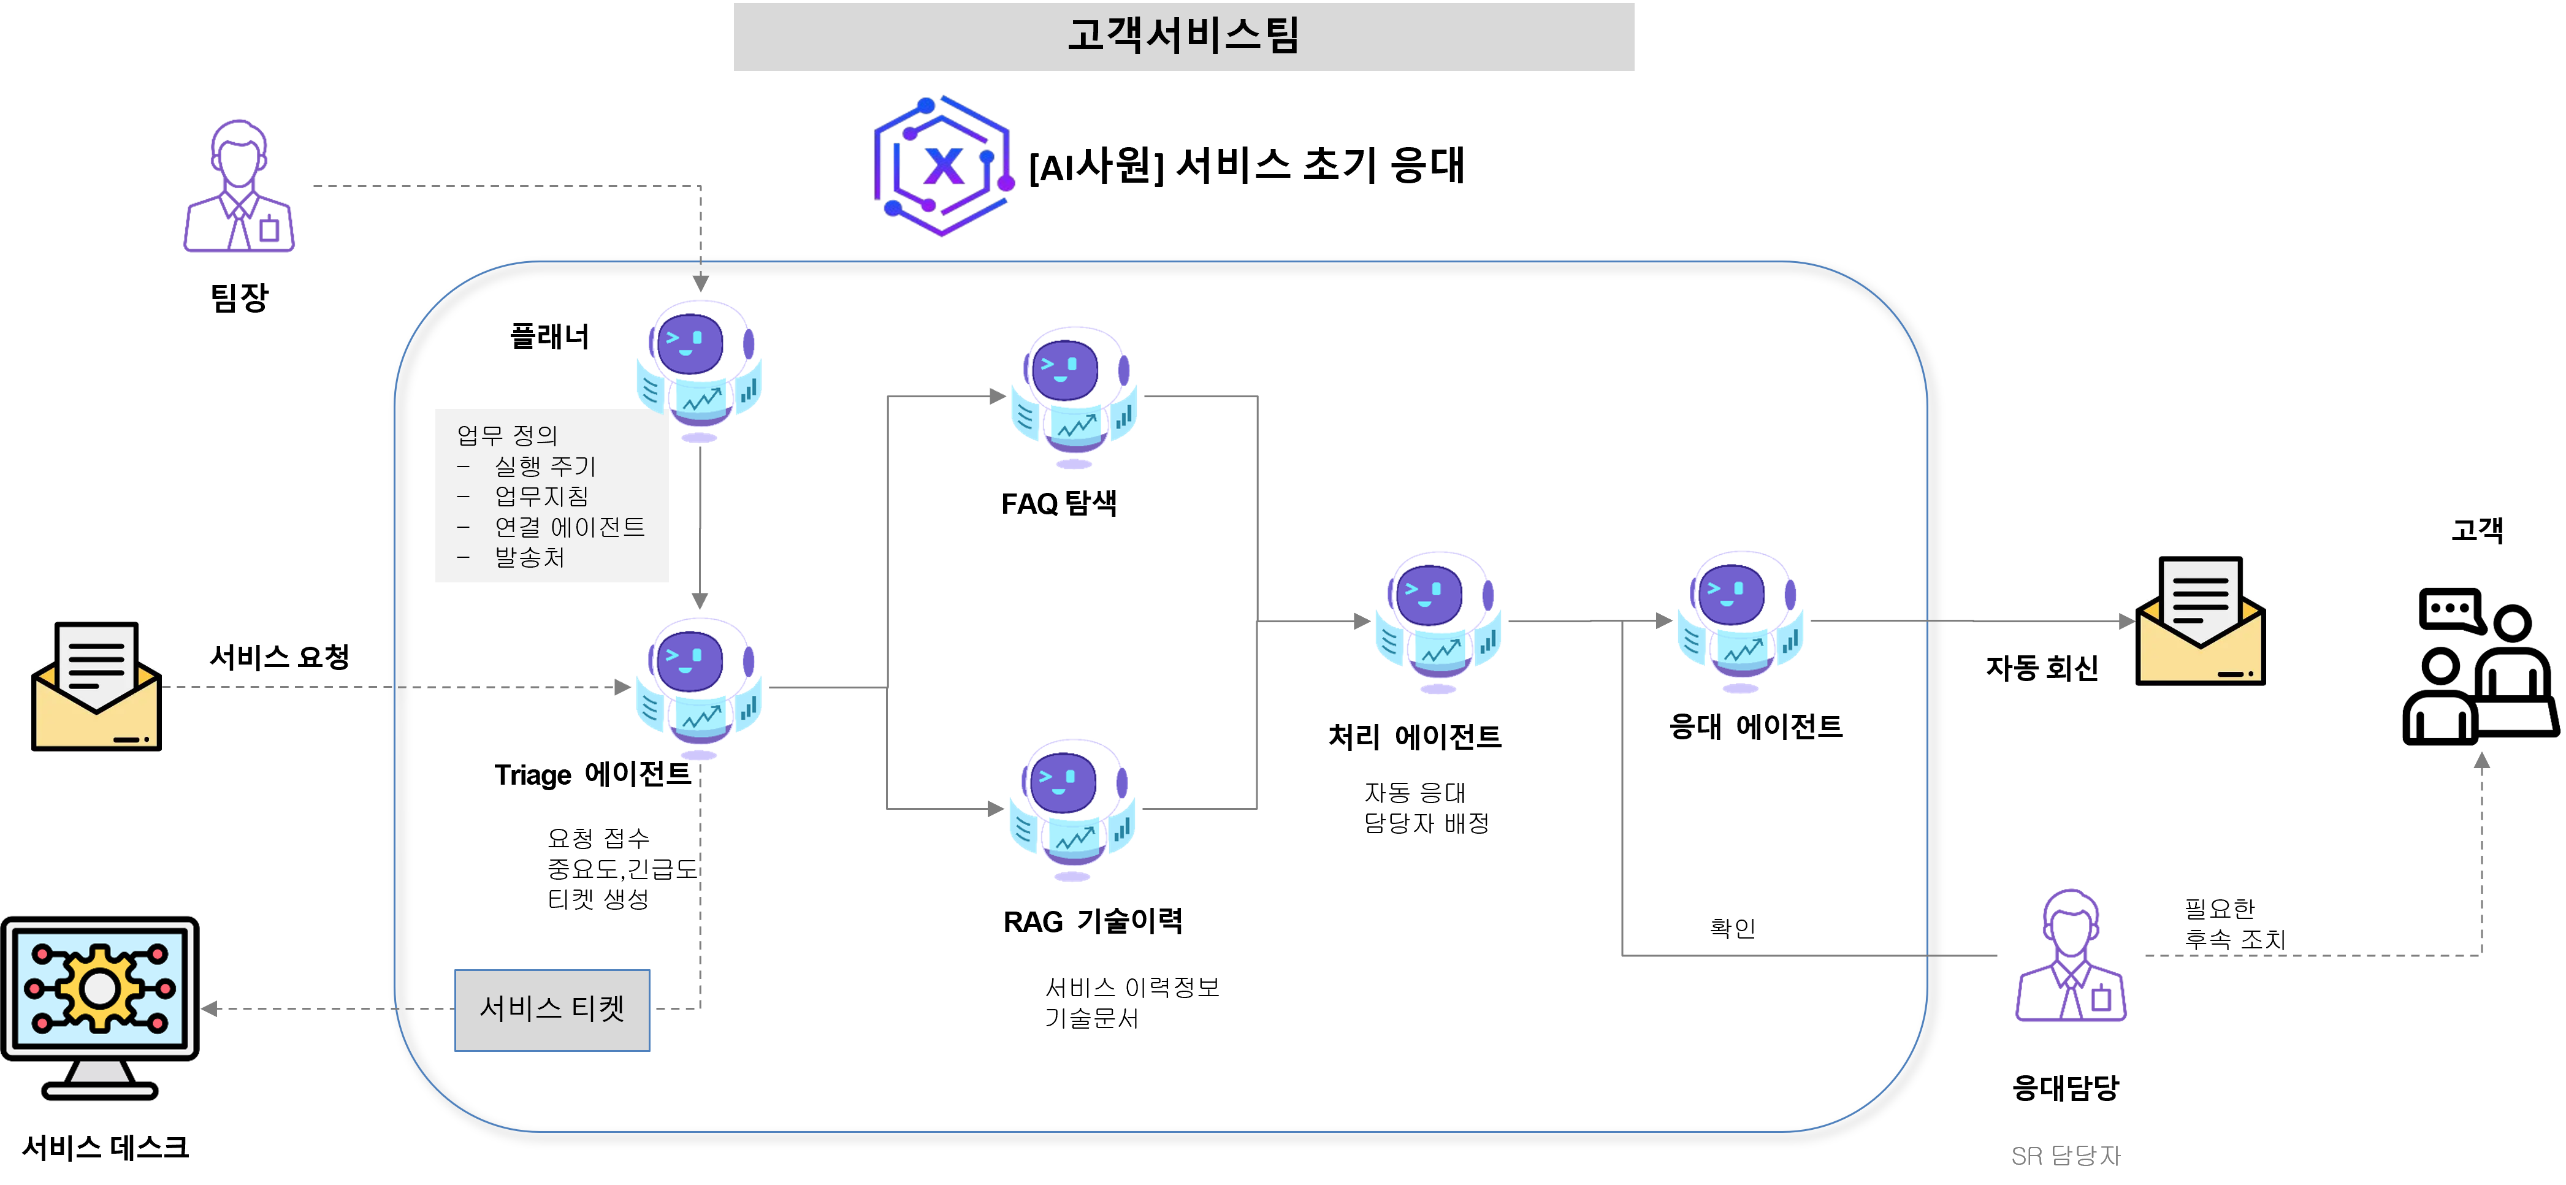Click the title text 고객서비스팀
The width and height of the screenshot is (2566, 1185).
coord(1183,36)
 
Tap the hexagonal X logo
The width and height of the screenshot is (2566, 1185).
coord(944,166)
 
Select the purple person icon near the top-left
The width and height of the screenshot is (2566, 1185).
coord(239,186)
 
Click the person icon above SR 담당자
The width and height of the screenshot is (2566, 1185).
coord(2071,956)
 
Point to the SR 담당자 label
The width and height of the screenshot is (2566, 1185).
coord(2065,1155)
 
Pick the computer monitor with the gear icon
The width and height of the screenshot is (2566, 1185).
coord(99,1006)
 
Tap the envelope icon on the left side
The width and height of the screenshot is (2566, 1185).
coord(97,685)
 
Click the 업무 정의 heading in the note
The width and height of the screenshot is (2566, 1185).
coord(507,435)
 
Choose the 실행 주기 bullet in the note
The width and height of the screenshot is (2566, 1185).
coord(545,466)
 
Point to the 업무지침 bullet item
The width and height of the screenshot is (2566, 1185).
coord(542,496)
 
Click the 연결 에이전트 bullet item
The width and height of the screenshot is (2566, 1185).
coord(570,527)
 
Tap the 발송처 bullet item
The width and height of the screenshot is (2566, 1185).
coord(530,558)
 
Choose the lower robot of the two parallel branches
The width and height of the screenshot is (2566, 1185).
coord(1072,807)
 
